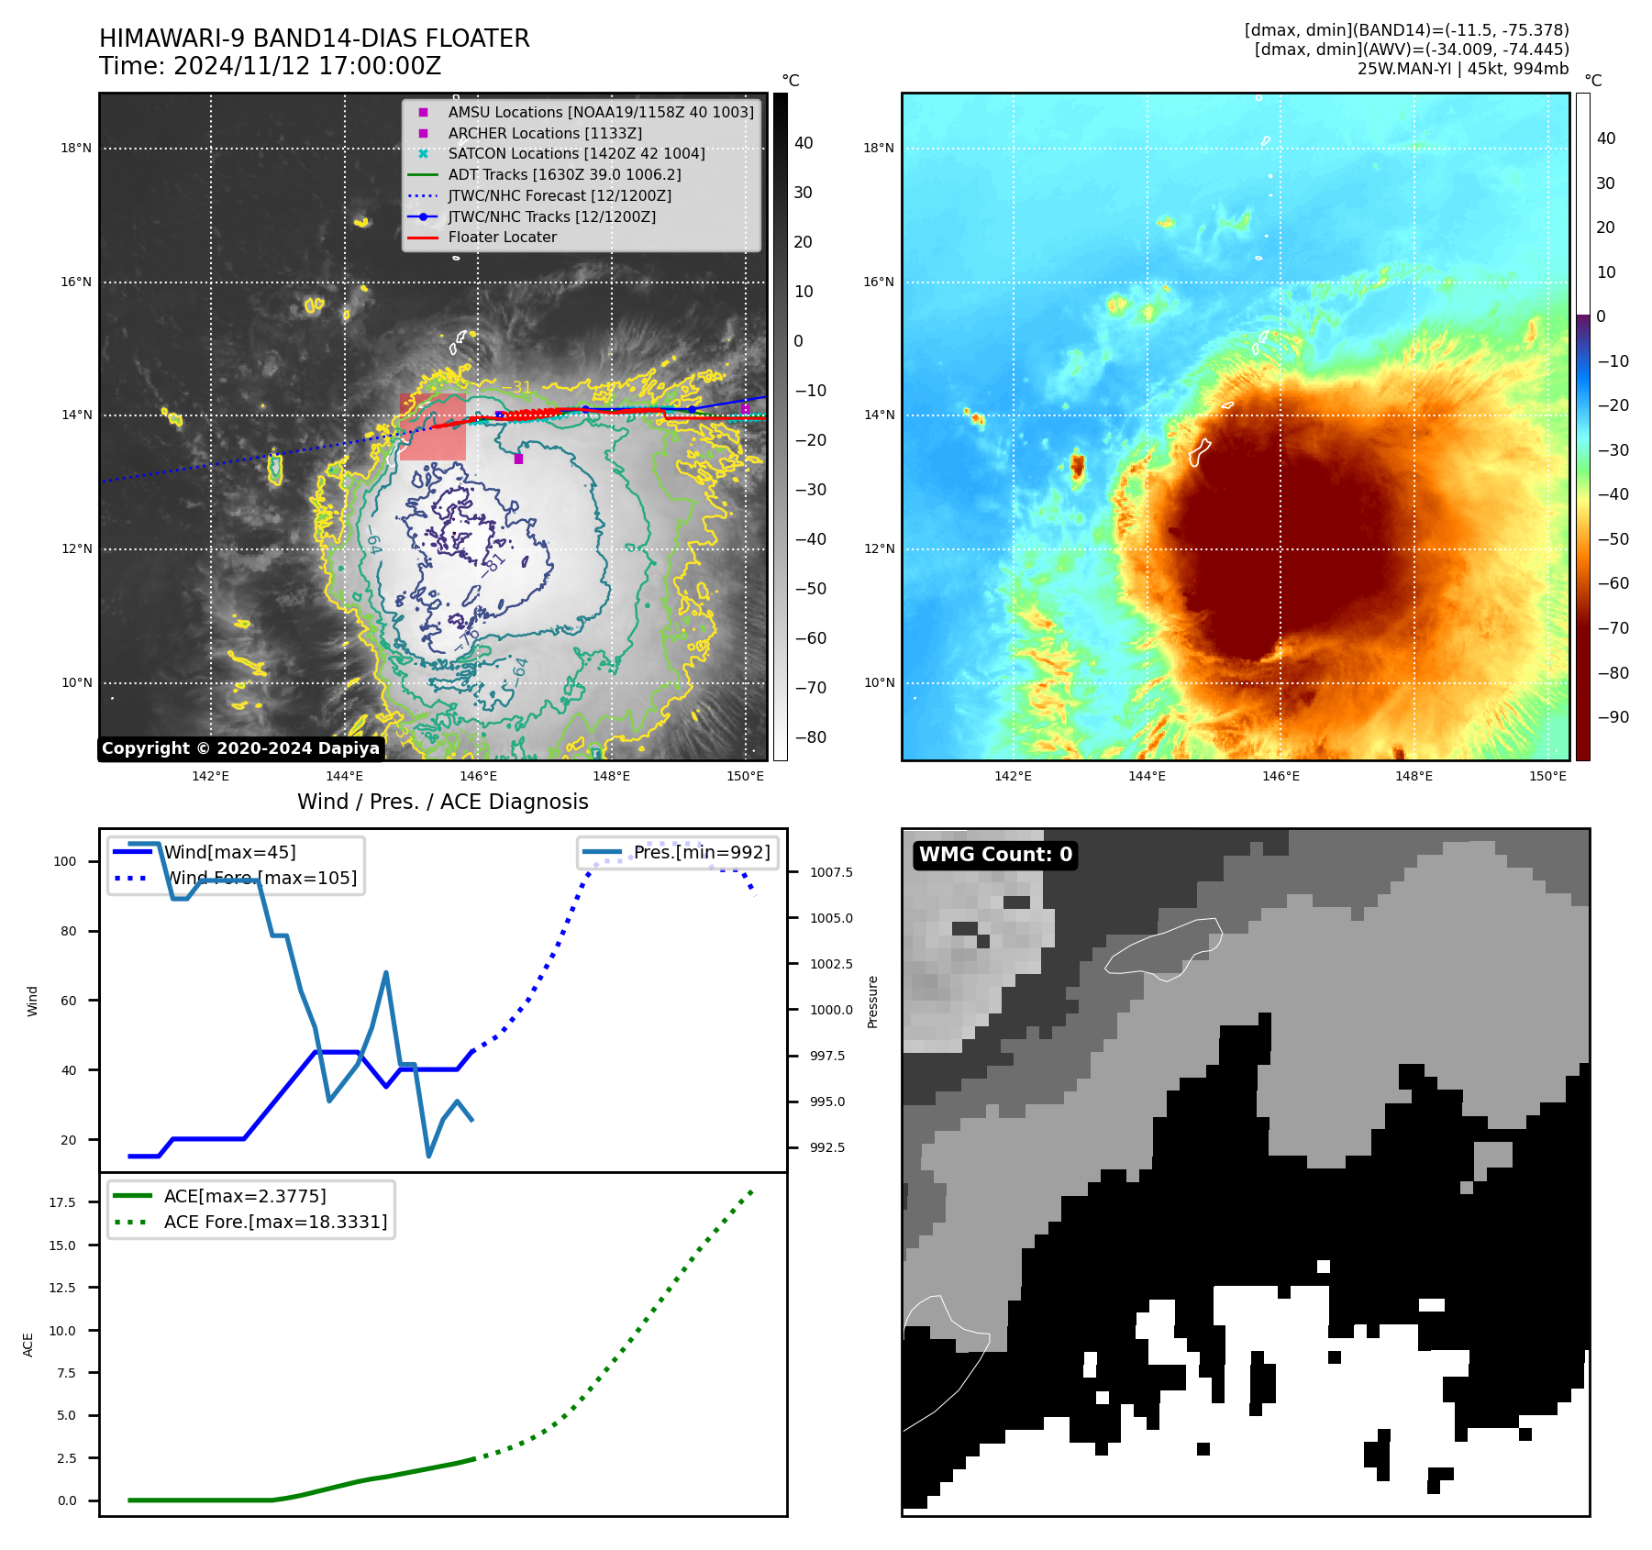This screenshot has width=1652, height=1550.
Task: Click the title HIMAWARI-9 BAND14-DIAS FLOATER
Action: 314,39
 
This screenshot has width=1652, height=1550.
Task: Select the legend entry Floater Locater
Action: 502,238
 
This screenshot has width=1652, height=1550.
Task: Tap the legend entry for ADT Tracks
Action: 564,174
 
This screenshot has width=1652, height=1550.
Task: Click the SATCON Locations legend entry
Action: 576,154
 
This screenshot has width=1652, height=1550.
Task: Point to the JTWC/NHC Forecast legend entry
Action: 560,195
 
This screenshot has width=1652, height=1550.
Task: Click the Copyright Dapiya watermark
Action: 240,748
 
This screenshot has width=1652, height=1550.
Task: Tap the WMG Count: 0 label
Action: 995,855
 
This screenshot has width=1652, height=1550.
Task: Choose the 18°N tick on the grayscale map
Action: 76,148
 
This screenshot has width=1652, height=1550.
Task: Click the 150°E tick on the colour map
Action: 1547,776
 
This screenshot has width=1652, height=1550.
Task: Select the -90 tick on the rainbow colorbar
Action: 1613,717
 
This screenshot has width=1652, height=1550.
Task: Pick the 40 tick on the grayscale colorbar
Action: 804,143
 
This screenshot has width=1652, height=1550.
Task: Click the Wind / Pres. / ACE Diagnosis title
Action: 442,802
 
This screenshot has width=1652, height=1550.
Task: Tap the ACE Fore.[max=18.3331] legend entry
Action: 275,1222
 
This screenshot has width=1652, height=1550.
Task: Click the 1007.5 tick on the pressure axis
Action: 831,872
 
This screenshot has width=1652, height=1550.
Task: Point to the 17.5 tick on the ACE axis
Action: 62,1202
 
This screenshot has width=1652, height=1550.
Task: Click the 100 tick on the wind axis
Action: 65,861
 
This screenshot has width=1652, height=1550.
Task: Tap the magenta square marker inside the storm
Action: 518,459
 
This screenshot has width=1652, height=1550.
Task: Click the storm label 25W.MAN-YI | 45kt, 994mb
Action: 1463,69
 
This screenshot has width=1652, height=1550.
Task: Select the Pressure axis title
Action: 872,1002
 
